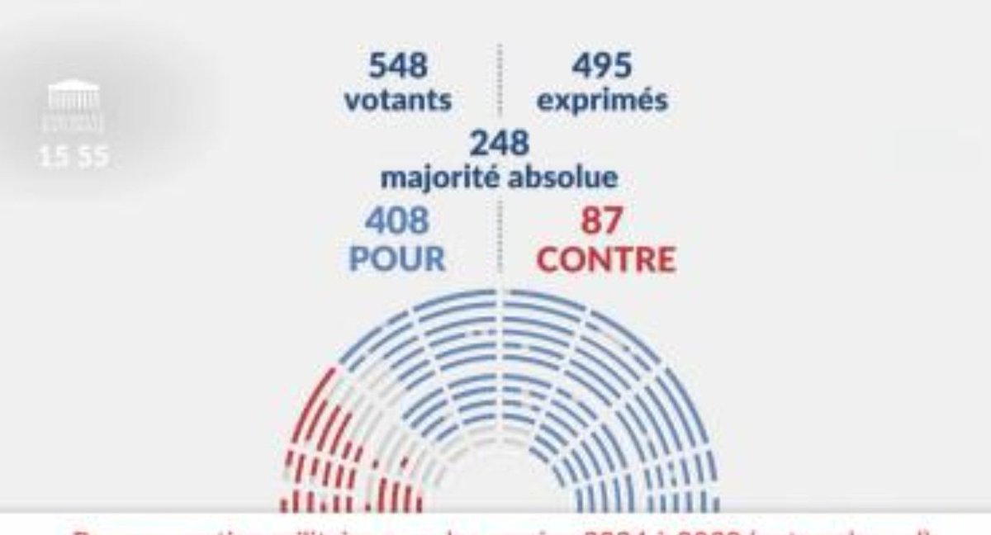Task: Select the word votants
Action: tap(398, 101)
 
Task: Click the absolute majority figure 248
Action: tap(499, 144)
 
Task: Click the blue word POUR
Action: tap(397, 258)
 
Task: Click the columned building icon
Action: tap(73, 95)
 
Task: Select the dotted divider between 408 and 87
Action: tap(499, 239)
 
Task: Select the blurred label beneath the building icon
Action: tap(74, 125)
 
